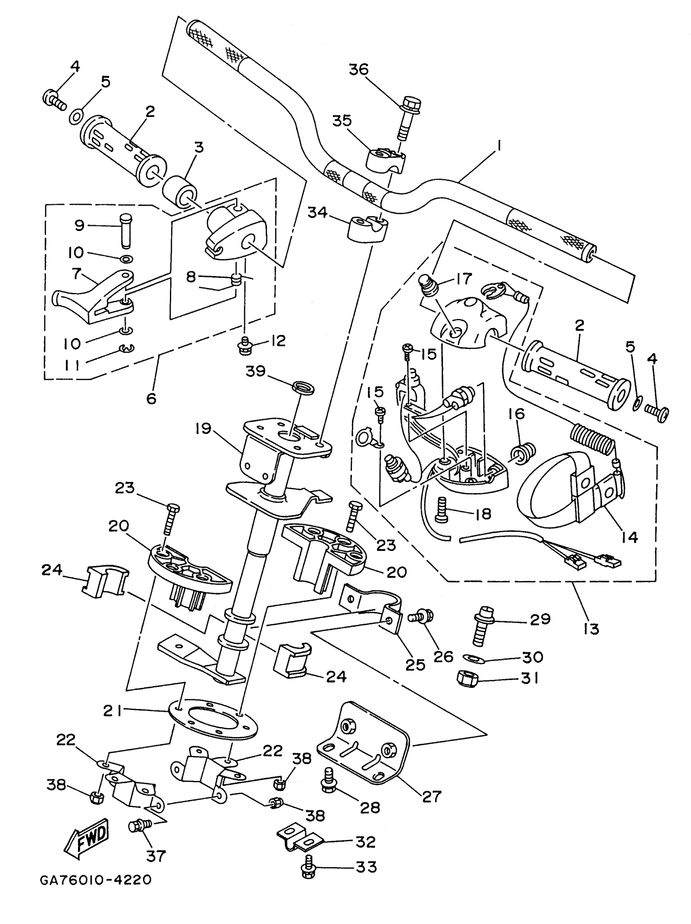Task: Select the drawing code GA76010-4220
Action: (x=96, y=881)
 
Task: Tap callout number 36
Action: (x=359, y=69)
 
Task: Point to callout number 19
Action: (x=204, y=429)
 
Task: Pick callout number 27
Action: (x=432, y=796)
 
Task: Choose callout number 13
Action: (x=591, y=629)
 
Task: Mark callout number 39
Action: (x=255, y=371)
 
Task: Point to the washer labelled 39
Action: (x=303, y=386)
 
